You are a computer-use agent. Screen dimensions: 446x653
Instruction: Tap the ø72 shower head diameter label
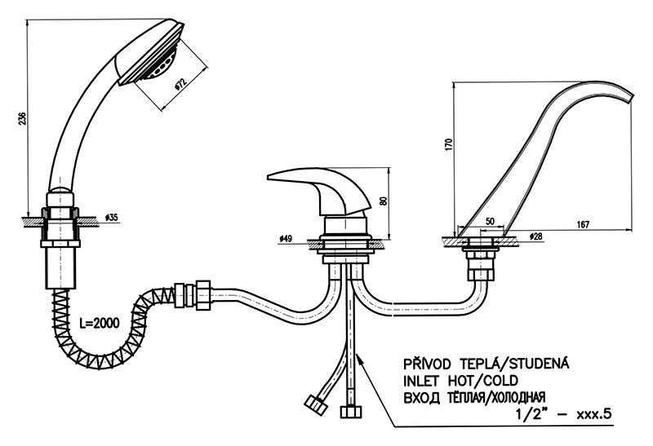click(181, 83)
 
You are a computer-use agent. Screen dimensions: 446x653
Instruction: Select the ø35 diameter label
click(112, 218)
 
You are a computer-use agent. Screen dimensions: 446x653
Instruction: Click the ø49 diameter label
click(285, 238)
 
